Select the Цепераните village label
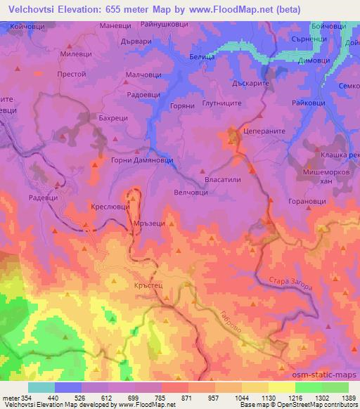[x=261, y=131]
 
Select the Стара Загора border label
[x=288, y=285]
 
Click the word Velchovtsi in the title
[x=29, y=9]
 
